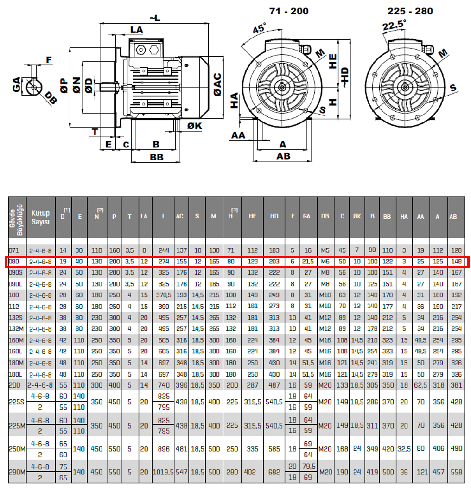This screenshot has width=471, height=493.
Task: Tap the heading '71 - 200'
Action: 289,11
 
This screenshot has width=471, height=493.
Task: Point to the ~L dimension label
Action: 154,18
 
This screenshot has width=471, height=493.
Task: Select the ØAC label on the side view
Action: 217,85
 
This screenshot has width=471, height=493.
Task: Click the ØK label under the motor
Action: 194,126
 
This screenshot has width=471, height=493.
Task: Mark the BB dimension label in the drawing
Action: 157,157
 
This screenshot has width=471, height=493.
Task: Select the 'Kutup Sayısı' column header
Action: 40,217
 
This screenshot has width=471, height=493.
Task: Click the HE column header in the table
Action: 252,217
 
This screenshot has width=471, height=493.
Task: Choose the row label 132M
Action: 16,329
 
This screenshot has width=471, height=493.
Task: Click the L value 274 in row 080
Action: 163,262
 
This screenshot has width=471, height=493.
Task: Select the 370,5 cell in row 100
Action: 163,295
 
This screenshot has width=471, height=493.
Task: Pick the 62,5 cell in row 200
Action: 421,385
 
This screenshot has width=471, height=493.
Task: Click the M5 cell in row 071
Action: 325,250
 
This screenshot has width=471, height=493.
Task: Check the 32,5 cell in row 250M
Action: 404,449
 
